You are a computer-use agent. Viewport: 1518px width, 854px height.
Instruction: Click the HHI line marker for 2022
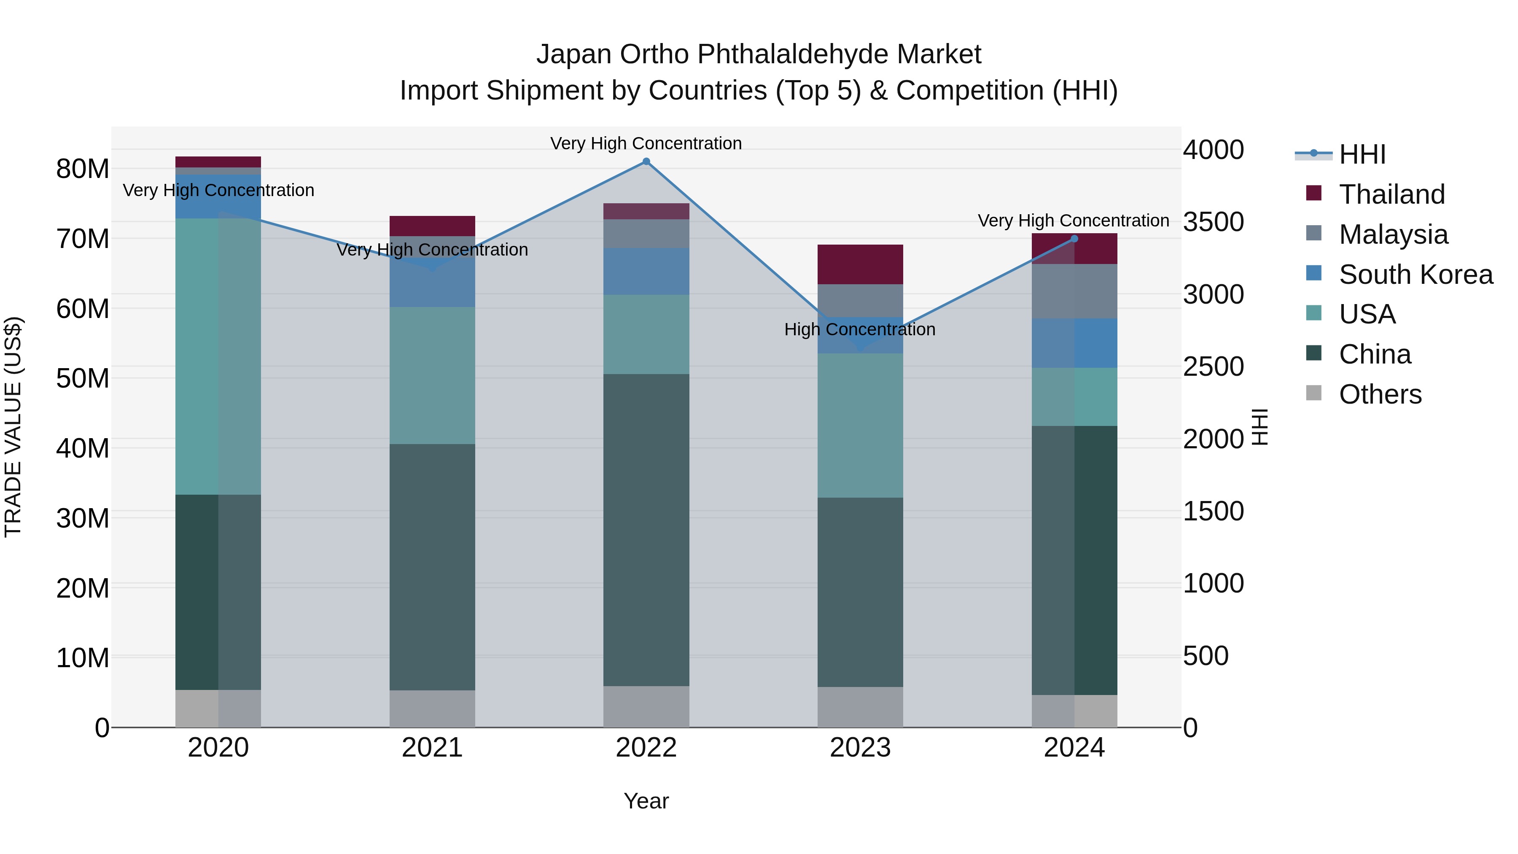646,162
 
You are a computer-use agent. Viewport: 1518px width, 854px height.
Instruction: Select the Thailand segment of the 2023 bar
860,264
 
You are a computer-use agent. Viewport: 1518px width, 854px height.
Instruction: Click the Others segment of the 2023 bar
860,707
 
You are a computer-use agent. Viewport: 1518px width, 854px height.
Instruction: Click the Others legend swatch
1313,393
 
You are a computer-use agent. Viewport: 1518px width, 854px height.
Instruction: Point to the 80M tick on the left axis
83,169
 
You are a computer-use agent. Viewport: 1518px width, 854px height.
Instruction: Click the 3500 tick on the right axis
1213,222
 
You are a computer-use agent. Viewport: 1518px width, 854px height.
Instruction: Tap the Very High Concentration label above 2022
646,143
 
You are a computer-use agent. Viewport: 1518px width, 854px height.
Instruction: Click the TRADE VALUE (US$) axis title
13,427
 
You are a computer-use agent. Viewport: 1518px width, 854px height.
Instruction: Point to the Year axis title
646,801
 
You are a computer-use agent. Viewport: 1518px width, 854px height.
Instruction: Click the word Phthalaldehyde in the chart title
793,54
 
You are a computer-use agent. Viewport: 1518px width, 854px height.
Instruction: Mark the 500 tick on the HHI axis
1206,656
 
